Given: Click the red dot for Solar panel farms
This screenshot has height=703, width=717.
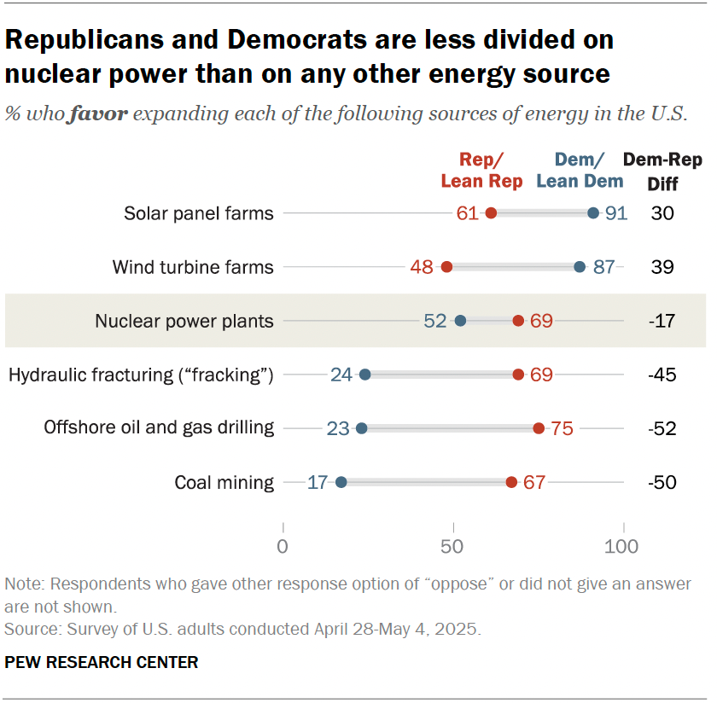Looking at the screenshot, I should point(491,213).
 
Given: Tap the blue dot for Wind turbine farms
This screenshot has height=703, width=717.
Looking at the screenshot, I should point(580,267).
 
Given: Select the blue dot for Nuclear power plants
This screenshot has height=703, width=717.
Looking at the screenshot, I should point(460,321).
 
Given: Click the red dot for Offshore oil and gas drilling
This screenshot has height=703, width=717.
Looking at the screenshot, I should point(539,428).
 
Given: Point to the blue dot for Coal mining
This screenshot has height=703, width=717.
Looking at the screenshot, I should point(341,482).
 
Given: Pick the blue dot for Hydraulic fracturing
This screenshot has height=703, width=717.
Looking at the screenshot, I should point(364,375).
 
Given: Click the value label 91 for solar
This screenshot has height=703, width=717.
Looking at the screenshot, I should point(616,213).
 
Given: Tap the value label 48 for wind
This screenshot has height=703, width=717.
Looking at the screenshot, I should point(422,267).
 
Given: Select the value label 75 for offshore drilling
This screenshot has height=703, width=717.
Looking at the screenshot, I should point(562,428).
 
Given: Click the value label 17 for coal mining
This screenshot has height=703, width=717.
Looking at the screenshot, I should point(318,482).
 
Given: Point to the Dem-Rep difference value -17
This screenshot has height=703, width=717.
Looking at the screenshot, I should point(662,322).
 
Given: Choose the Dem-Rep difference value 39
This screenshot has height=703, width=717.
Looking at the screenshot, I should point(662,267).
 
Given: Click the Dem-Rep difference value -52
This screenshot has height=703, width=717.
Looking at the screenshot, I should point(662,428).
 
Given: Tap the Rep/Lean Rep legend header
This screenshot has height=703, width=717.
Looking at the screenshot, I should point(482,170).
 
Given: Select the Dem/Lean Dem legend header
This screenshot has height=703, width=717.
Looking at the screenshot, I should point(580,170).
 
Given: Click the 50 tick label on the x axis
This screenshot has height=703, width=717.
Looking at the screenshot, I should point(453,547).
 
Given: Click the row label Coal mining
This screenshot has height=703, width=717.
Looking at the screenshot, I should point(224,483).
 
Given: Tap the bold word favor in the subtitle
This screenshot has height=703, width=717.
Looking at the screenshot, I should point(99,114).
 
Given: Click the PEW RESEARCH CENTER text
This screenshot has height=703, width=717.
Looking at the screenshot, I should point(102,662).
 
